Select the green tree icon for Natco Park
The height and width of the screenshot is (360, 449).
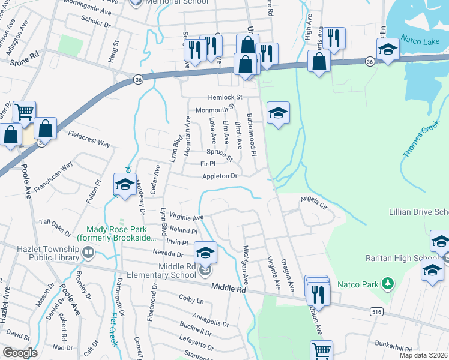[x=388, y=282]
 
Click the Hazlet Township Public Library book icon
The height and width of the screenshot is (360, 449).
[x=89, y=251]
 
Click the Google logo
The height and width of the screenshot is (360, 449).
[x=20, y=353]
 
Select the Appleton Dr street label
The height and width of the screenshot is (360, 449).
[x=220, y=176]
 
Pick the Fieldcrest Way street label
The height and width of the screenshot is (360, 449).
[x=89, y=139]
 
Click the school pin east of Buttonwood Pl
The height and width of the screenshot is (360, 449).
[x=277, y=113]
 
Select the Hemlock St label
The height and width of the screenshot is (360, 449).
[x=224, y=97]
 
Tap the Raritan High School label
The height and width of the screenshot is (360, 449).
[x=402, y=258]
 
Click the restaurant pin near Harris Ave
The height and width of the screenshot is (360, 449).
[x=333, y=39]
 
